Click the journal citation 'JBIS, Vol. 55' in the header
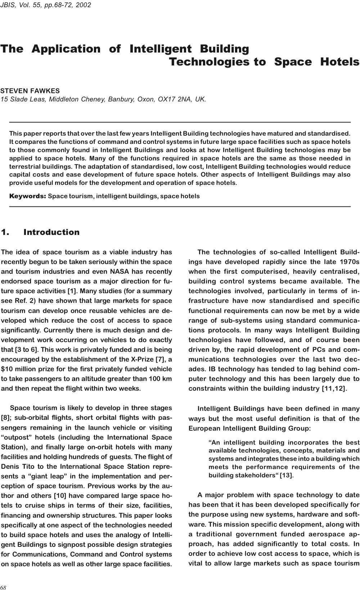[x=20, y=5]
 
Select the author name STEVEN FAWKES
[x=30, y=91]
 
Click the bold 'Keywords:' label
[x=27, y=196]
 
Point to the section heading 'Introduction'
[x=51, y=232]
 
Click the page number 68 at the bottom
[x=4, y=587]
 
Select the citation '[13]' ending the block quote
[x=287, y=475]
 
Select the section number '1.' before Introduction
[x=5, y=232]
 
